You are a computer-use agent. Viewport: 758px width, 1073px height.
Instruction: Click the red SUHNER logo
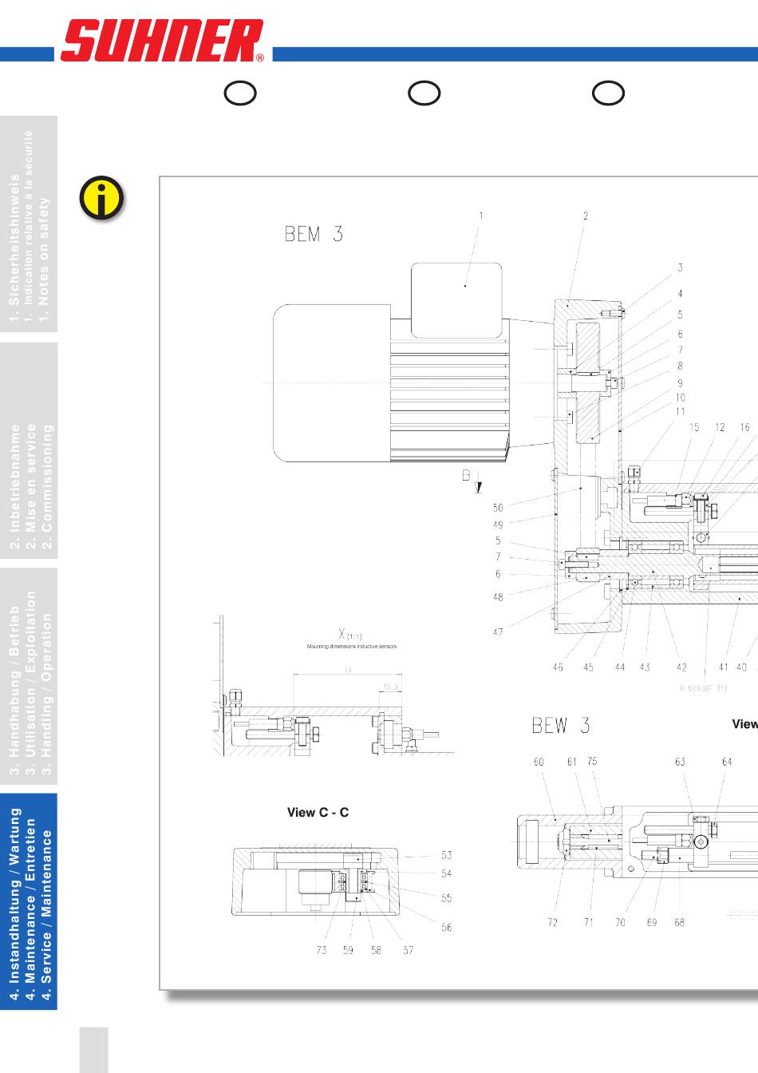(162, 41)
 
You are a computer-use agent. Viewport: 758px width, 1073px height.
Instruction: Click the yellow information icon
(101, 197)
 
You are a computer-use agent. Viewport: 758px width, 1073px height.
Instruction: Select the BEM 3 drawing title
(314, 234)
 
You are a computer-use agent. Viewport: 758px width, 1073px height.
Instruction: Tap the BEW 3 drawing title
(560, 726)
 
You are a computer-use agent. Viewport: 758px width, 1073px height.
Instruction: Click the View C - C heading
(318, 813)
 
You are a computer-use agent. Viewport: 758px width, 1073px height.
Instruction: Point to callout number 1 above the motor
(481, 216)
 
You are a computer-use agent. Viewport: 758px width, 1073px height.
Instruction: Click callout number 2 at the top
(586, 216)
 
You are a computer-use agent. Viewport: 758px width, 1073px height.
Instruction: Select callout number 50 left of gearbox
(498, 508)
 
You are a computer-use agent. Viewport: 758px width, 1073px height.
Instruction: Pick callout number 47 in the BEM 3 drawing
(498, 632)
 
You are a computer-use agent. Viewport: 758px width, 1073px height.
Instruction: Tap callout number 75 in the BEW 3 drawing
(592, 762)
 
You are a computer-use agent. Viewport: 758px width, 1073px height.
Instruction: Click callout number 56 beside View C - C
(446, 928)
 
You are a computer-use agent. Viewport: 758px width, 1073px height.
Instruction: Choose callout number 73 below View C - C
(322, 950)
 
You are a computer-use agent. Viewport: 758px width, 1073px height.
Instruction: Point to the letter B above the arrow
(467, 475)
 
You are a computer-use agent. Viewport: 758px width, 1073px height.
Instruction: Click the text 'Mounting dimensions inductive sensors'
(352, 647)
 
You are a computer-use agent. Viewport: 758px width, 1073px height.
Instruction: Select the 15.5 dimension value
(390, 687)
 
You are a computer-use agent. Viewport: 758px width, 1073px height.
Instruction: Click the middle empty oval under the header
(424, 93)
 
